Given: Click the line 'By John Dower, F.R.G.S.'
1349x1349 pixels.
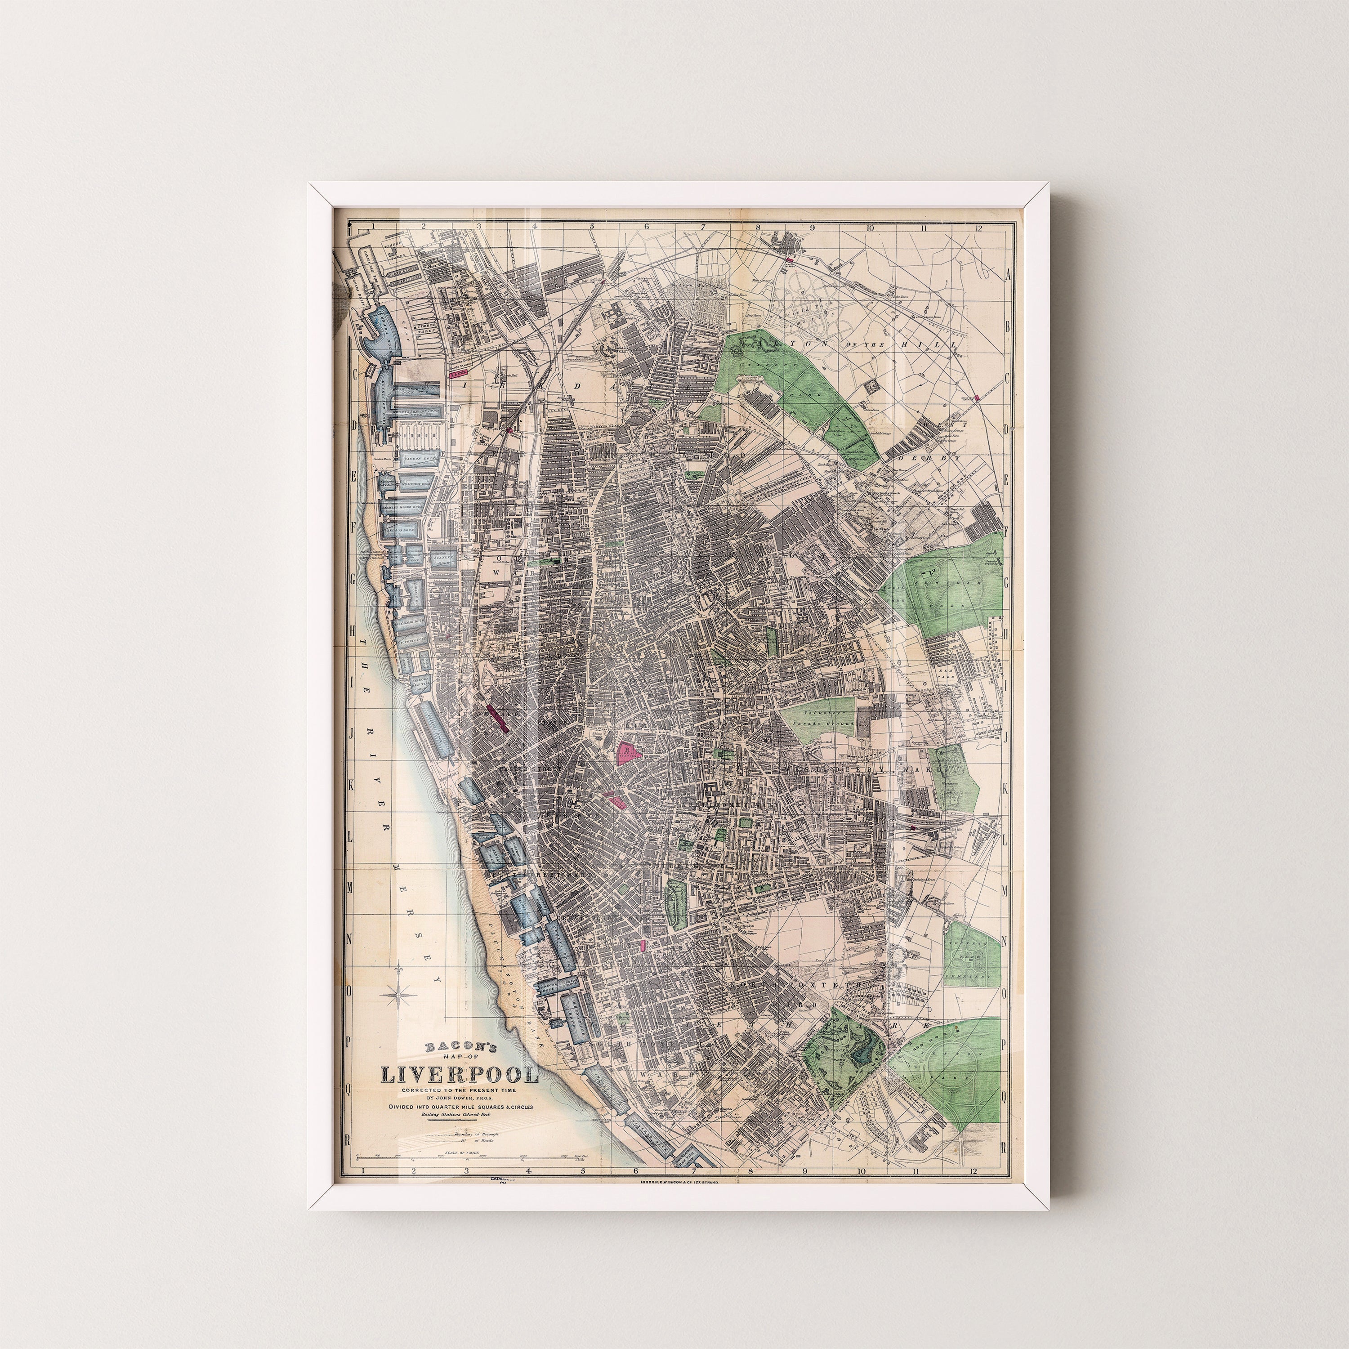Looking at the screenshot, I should click(459, 1096).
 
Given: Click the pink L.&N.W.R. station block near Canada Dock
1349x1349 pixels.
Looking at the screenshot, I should click(459, 374).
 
